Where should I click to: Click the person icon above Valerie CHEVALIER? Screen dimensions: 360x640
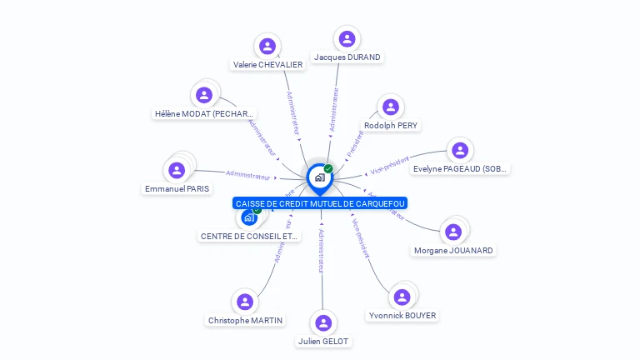pyautogui.click(x=267, y=46)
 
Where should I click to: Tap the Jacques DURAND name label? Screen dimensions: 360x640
pyautogui.click(x=347, y=57)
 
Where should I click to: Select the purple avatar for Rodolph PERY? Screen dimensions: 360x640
pyautogui.click(x=390, y=107)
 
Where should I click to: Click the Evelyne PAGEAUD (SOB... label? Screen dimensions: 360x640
pyautogui.click(x=460, y=169)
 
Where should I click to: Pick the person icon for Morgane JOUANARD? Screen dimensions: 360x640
pyautogui.click(x=453, y=232)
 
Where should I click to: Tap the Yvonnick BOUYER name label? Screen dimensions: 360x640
pyautogui.click(x=402, y=316)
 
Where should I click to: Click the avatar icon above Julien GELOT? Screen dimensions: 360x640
pyautogui.click(x=323, y=322)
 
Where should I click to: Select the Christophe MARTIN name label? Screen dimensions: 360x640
pyautogui.click(x=245, y=320)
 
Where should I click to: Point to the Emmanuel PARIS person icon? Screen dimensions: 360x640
pyautogui.click(x=177, y=170)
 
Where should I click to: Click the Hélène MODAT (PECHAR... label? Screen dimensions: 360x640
pyautogui.click(x=204, y=114)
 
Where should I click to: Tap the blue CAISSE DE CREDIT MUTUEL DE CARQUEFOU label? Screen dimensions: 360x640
pyautogui.click(x=320, y=203)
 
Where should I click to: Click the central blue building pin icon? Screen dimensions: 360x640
pyautogui.click(x=319, y=177)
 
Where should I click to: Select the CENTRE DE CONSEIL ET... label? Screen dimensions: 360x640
pyautogui.click(x=249, y=236)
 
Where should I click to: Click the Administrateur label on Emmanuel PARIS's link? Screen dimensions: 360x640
pyautogui.click(x=248, y=175)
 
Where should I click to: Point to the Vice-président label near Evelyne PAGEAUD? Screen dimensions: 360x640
pyautogui.click(x=389, y=164)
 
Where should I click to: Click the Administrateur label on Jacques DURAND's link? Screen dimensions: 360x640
pyautogui.click(x=334, y=111)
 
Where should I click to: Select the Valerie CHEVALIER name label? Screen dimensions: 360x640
pyautogui.click(x=267, y=65)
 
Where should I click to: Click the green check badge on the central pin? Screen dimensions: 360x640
pyautogui.click(x=328, y=168)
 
